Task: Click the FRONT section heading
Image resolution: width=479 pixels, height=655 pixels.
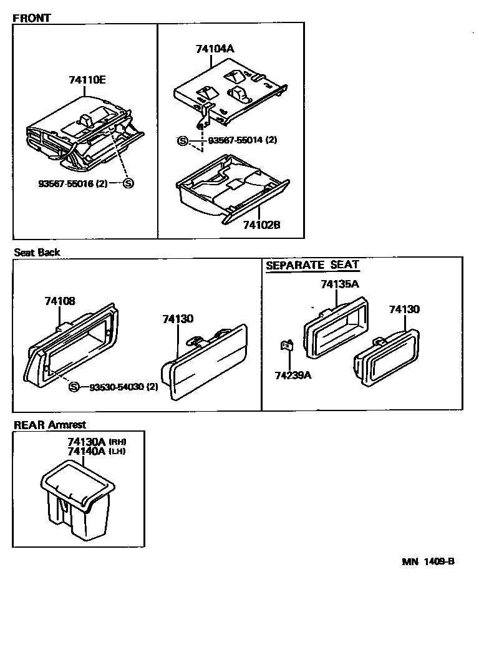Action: click(x=31, y=18)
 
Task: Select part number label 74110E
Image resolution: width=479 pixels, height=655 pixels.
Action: click(x=87, y=79)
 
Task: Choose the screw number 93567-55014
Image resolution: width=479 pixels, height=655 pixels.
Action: click(x=226, y=140)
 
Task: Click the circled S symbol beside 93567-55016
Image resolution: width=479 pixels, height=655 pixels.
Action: click(x=128, y=183)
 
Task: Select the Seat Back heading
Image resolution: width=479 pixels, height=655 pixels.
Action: click(x=37, y=252)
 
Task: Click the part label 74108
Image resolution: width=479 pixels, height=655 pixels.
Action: click(x=60, y=301)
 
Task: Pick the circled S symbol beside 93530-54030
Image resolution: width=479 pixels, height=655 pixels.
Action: click(x=74, y=387)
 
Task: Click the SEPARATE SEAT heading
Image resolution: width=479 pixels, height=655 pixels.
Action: click(x=312, y=265)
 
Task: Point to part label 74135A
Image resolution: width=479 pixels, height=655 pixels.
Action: click(x=339, y=284)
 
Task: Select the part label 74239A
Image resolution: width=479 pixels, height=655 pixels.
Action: click(x=293, y=375)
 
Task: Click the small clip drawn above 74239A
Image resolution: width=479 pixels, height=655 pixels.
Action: click(x=288, y=345)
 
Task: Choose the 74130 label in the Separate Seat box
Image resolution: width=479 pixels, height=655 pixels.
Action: click(x=404, y=309)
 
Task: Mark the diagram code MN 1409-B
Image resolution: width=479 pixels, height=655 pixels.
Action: click(x=428, y=561)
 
